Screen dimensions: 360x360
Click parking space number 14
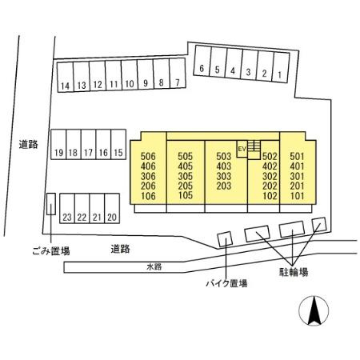point(65,77)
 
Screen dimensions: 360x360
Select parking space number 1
point(282,67)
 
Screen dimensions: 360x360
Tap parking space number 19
point(58,144)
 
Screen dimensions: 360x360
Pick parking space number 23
point(67,208)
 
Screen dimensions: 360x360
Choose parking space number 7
point(178,74)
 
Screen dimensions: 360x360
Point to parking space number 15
point(118,144)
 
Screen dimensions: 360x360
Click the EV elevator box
point(242,149)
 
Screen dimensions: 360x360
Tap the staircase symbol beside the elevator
point(254,150)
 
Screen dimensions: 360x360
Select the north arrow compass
point(314,310)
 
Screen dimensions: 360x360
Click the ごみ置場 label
point(51,250)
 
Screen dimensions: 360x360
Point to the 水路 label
point(154,266)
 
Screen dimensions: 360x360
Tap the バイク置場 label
point(226,283)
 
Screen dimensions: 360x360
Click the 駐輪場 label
point(294,272)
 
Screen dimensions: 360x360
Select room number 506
point(148,156)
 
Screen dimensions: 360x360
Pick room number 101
point(297,196)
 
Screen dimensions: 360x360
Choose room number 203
point(223,186)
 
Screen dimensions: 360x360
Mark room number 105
point(186,195)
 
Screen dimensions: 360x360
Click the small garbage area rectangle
point(51,204)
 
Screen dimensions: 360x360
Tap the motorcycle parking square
point(225,239)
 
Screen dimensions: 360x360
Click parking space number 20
point(112,208)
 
